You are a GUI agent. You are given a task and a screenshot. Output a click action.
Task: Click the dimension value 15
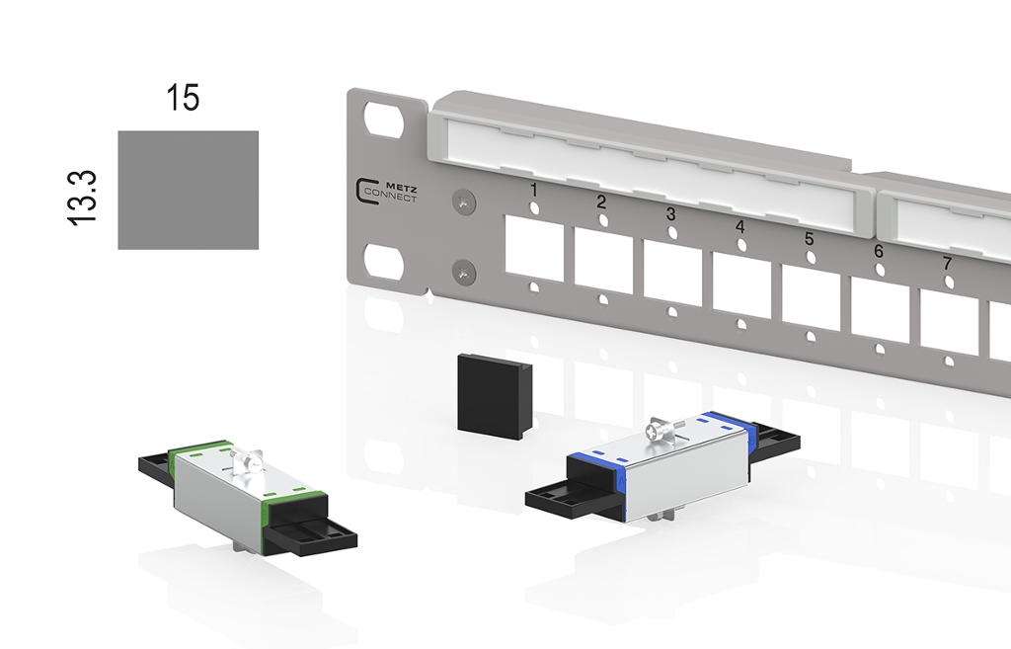[184, 98]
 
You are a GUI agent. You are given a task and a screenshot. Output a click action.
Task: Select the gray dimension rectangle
[188, 190]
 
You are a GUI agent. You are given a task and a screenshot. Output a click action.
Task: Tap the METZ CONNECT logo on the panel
[386, 190]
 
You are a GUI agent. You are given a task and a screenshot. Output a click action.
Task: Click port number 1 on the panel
[533, 189]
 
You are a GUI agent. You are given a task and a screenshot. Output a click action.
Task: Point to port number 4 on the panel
[740, 226]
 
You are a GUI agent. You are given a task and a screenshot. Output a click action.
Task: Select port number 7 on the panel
[948, 264]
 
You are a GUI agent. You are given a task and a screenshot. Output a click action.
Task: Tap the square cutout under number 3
[672, 275]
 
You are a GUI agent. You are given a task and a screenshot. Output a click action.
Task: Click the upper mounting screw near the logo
[463, 202]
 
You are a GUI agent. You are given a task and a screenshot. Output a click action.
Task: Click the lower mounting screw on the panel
[463, 269]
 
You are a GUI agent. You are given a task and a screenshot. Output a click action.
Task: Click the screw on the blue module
[657, 431]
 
